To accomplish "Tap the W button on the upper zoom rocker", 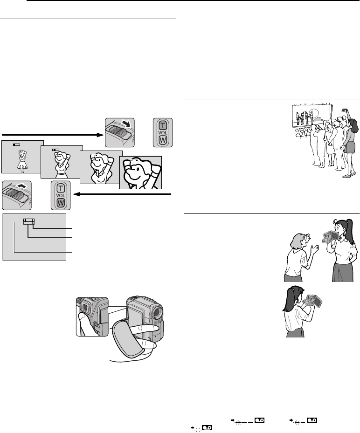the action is click(162, 139).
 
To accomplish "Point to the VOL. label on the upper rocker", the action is click(162, 132).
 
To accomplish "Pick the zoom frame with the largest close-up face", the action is click(140, 172).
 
